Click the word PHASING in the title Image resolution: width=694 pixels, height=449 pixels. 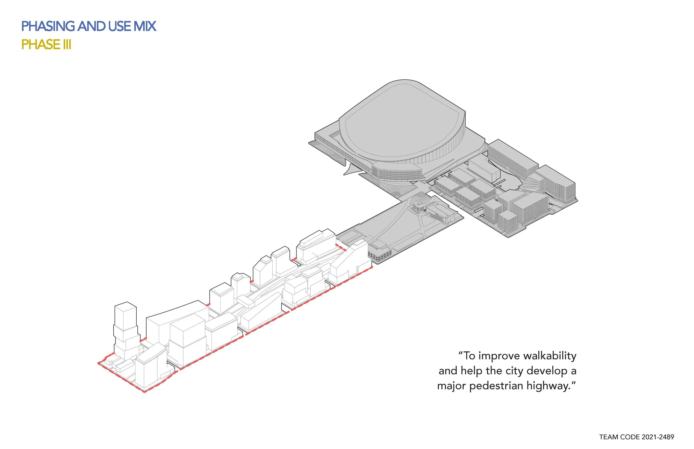(x=48, y=26)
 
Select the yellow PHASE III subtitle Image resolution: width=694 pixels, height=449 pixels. (x=46, y=45)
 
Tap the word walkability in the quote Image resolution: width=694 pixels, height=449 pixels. (x=550, y=356)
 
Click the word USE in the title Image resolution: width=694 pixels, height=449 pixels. (x=120, y=26)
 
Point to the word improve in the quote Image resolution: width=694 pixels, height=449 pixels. (x=499, y=356)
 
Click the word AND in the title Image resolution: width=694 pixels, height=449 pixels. (x=92, y=26)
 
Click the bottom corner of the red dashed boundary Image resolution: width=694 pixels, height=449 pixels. (x=144, y=392)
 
